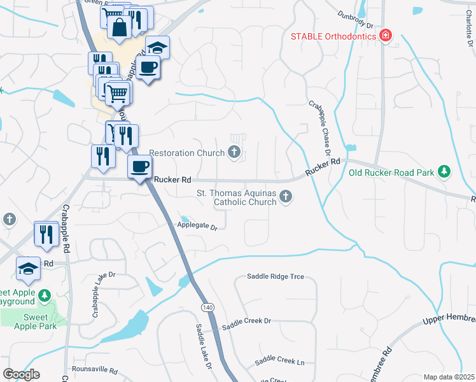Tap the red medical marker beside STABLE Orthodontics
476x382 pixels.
point(385,35)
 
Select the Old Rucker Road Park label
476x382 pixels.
point(391,173)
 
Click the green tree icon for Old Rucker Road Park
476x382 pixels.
point(445,172)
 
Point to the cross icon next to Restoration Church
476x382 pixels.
point(235,152)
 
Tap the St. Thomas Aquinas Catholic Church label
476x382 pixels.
point(235,198)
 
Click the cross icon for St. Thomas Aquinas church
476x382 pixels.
point(286,198)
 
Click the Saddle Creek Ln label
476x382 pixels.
point(279,362)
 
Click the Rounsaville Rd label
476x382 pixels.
point(95,370)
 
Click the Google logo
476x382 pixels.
point(21,374)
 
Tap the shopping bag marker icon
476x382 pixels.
point(119,27)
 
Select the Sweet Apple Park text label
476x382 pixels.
point(36,322)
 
